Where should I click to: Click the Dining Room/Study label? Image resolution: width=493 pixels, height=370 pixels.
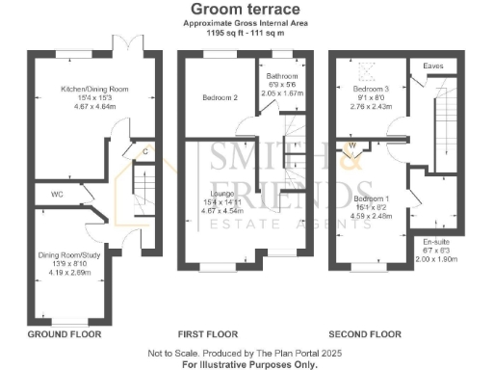click(66, 254)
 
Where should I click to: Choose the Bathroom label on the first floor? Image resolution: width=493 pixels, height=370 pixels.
click(283, 76)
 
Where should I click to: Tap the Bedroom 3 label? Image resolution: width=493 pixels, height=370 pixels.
click(368, 88)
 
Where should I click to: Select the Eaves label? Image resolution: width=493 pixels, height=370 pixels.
click(433, 66)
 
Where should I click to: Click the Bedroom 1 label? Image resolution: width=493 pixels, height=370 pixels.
click(372, 198)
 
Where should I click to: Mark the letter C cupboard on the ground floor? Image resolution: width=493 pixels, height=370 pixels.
click(144, 151)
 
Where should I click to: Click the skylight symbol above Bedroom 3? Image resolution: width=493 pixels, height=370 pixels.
click(365, 69)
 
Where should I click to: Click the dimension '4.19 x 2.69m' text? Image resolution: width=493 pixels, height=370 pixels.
click(66, 273)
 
